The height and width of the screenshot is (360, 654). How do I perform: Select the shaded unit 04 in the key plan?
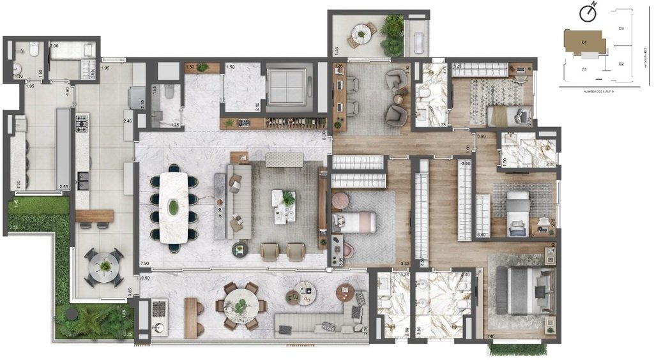584,43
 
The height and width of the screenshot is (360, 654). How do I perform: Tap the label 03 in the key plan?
621,29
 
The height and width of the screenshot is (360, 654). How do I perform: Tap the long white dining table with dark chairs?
173,207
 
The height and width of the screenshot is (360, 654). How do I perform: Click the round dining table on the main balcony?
241,306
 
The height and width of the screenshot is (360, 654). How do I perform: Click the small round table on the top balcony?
362,33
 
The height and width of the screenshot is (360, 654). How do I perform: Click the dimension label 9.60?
145,278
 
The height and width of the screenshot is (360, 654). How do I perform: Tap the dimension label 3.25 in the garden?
127,334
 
